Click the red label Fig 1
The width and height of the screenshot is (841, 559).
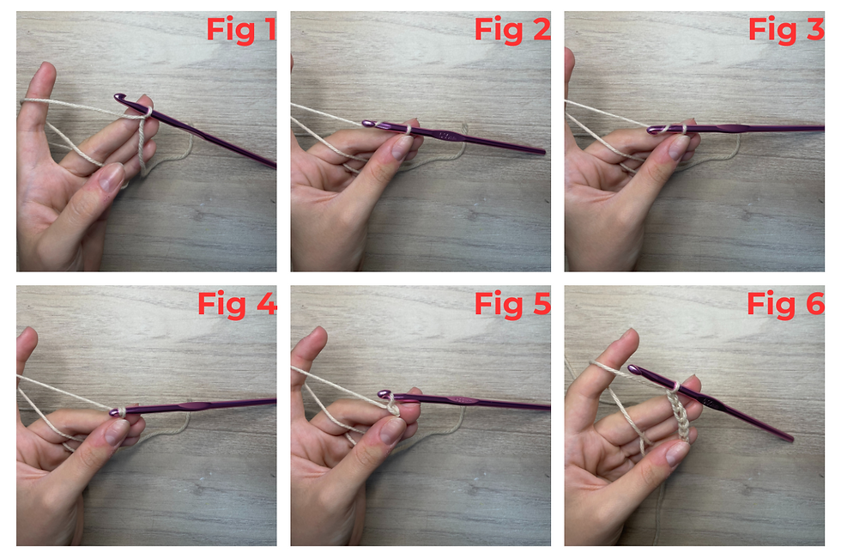coord(241,30)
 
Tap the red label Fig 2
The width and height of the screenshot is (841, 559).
coord(512,30)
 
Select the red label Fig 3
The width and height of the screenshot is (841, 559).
coord(786,30)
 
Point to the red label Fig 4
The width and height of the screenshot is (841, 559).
coord(237,305)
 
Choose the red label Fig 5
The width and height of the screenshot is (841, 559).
coord(512,305)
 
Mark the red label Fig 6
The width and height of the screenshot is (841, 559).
coord(786,305)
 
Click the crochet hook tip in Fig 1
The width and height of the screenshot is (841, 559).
coord(118,97)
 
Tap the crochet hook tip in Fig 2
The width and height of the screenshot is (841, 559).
coord(367,124)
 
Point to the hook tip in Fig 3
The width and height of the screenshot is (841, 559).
coord(651,130)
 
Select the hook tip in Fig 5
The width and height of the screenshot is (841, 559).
coord(383,394)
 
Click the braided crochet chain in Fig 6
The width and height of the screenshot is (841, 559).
coord(679,413)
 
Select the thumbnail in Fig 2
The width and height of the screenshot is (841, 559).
coord(402,147)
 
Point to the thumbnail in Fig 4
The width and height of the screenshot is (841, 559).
coord(117,431)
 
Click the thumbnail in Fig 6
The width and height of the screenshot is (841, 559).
coord(677,453)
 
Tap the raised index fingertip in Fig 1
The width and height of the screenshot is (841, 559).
coord(45,72)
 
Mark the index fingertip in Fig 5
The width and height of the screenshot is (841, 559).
coord(317,335)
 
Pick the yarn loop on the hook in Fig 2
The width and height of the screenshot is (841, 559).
coord(408,130)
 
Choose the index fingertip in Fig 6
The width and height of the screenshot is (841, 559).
coord(628,338)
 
